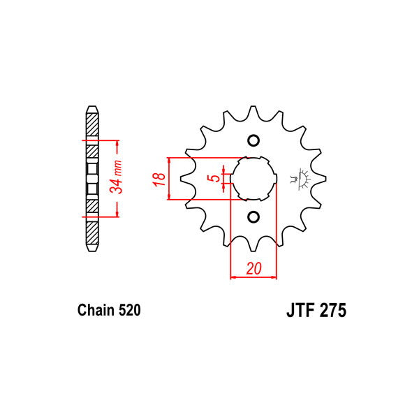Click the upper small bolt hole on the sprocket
[x=253, y=139]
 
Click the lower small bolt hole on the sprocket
[x=253, y=216]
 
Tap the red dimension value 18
[x=159, y=179]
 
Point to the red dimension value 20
[x=253, y=268]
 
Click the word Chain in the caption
[x=94, y=310]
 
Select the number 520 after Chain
[x=129, y=310]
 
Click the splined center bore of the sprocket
[x=253, y=178]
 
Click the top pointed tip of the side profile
[x=91, y=108]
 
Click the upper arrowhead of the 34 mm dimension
[x=118, y=143]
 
